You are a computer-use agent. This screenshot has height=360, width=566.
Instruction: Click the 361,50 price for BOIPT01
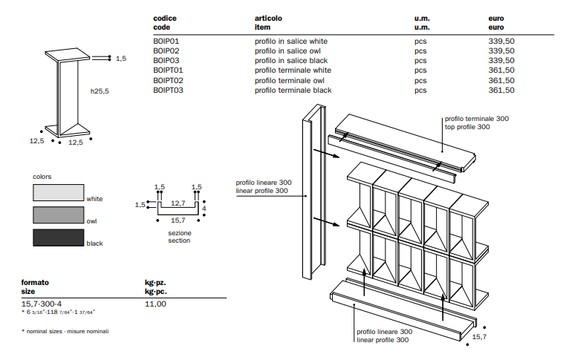501,71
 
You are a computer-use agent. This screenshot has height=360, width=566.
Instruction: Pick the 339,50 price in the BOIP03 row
501,60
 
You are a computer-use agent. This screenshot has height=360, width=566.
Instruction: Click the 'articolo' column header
268,17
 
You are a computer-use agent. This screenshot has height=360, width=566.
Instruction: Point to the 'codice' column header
165,17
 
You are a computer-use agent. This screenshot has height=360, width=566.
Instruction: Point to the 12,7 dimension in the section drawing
178,202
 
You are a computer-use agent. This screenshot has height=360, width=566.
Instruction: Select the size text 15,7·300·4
41,304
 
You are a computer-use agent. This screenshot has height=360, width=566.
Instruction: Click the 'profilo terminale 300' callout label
477,119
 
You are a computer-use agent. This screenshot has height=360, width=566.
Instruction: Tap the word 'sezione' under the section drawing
179,233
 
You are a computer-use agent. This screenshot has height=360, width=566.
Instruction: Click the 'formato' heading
35,283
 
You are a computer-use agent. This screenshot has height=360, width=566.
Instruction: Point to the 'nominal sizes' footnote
67,331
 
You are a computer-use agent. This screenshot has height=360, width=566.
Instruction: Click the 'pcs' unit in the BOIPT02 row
420,80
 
